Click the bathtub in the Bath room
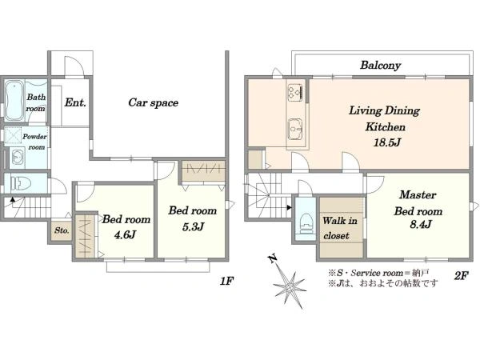(14, 101)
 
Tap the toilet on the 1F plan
(21, 183)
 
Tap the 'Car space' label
(153, 102)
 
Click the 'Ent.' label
(75, 102)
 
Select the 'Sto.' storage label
(62, 230)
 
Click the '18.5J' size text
(387, 142)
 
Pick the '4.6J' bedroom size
(125, 234)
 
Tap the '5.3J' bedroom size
(193, 227)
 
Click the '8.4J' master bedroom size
(421, 224)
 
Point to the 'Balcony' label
(380, 66)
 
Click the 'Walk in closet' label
(339, 228)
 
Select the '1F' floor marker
(227, 281)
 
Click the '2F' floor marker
(462, 276)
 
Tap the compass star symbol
(290, 287)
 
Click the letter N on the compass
(272, 258)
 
